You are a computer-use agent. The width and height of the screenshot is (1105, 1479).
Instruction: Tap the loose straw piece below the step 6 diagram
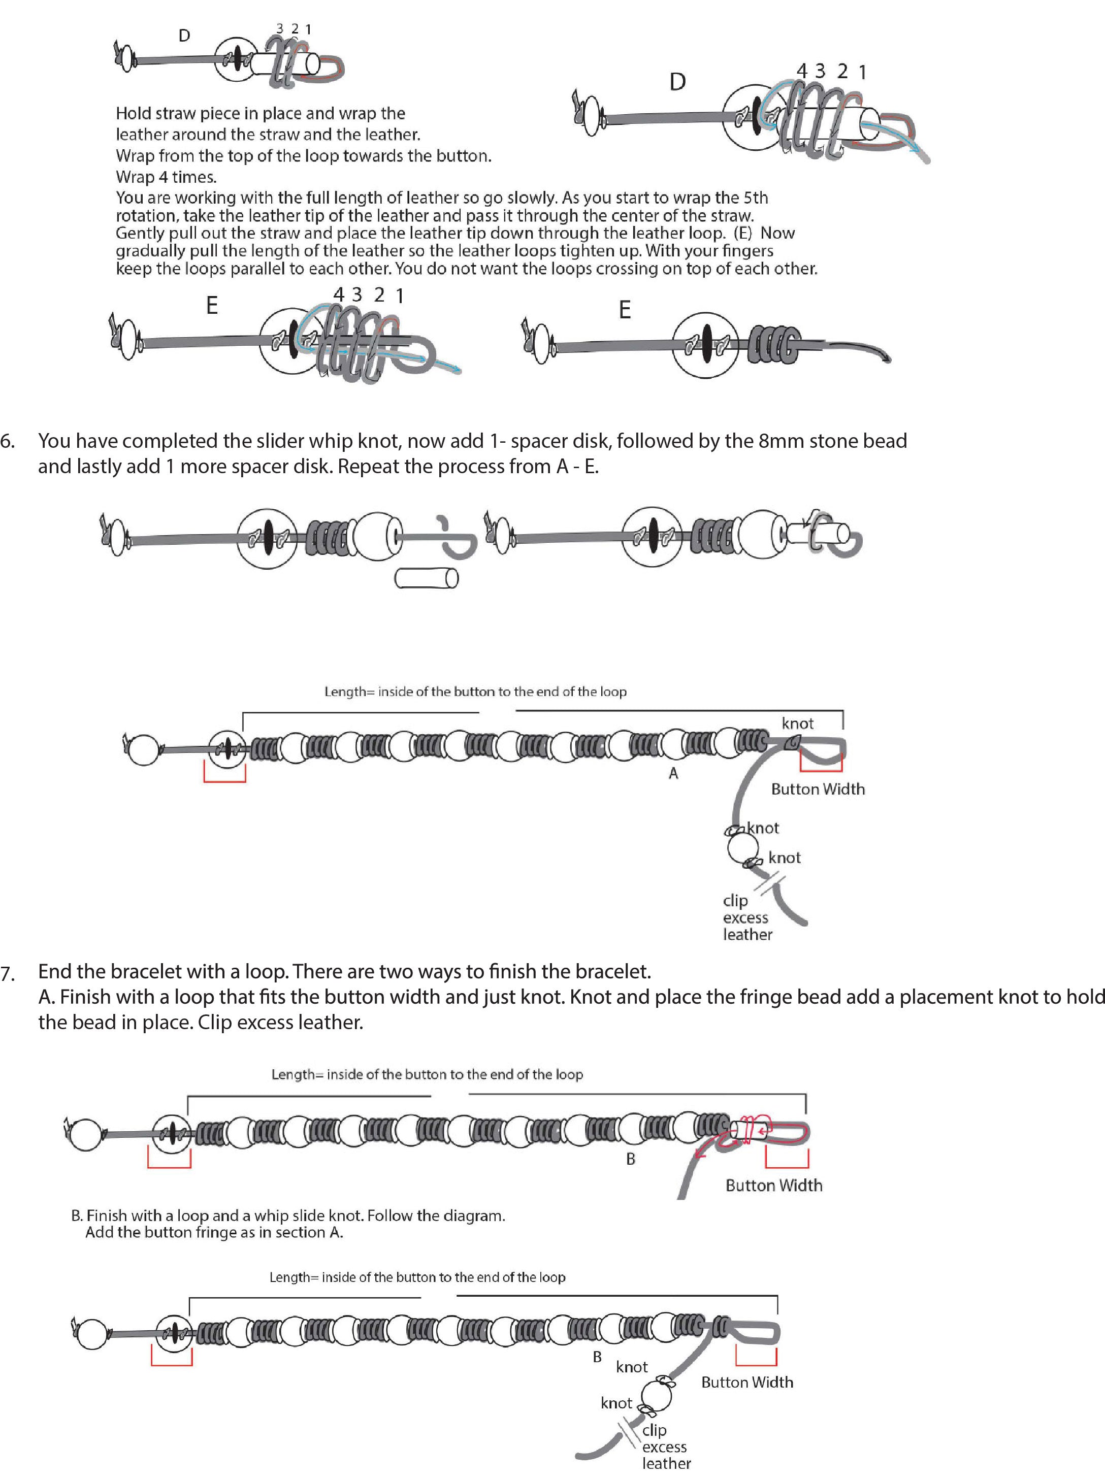click(x=426, y=578)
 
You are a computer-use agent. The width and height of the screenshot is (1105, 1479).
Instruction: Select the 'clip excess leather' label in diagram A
click(x=746, y=917)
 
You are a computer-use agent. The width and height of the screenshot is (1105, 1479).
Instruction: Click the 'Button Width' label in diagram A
click(x=818, y=789)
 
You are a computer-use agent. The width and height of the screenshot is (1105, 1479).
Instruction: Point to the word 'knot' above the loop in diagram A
click(x=797, y=724)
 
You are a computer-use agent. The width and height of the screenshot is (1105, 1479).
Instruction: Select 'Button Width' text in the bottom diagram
click(x=746, y=1382)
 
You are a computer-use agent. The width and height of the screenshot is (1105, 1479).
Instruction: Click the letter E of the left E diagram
click(x=211, y=306)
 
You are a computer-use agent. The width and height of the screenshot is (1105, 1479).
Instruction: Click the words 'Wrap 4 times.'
click(x=166, y=177)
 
